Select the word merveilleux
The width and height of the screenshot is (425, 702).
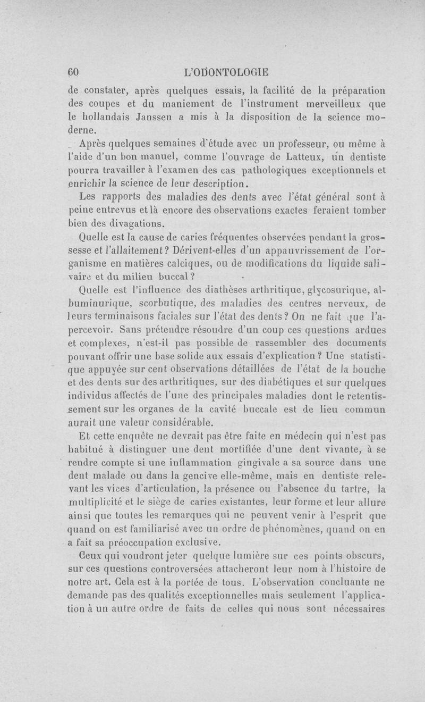(x=296, y=104)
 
